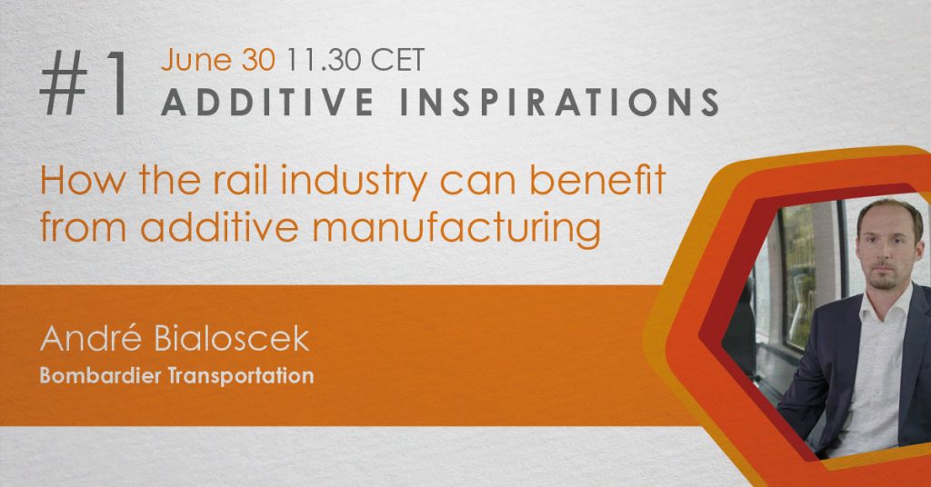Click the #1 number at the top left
click(x=85, y=83)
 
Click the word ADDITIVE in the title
click(x=268, y=102)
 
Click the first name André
click(x=91, y=338)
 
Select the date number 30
click(x=257, y=60)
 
